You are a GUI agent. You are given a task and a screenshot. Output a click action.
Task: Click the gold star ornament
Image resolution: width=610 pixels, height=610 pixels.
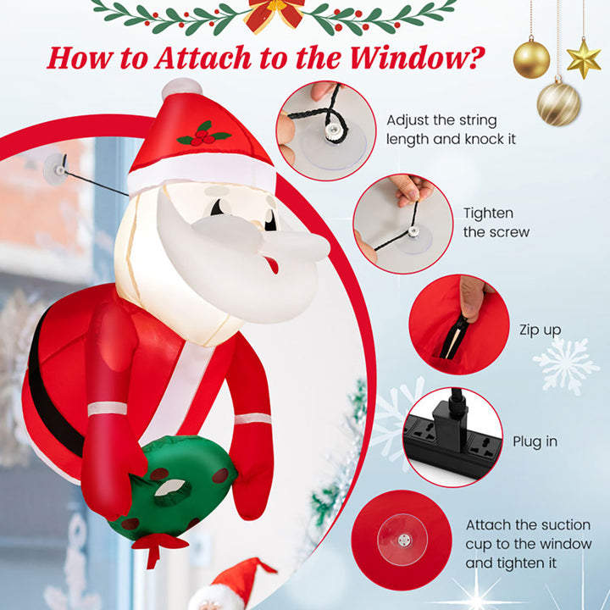pyautogui.click(x=584, y=58)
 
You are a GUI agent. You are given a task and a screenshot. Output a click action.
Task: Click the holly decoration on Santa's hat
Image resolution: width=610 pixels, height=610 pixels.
pyautogui.click(x=203, y=134)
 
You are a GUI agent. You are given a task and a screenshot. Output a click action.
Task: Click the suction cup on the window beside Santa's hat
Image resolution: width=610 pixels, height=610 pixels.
pyautogui.click(x=56, y=168)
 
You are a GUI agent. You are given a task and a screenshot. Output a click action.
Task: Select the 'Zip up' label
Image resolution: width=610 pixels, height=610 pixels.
pyautogui.click(x=540, y=330)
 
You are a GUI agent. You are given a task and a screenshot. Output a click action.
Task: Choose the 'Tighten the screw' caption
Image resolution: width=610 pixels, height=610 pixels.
pyautogui.click(x=496, y=223)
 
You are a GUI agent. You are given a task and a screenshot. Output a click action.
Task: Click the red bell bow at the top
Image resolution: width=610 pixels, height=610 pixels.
pyautogui.click(x=274, y=12)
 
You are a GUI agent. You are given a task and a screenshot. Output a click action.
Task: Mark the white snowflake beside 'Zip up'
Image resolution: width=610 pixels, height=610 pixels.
pyautogui.click(x=565, y=365)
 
